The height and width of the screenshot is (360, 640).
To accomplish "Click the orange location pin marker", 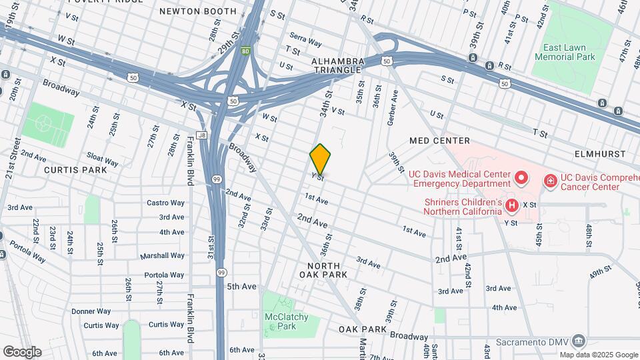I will [321, 159].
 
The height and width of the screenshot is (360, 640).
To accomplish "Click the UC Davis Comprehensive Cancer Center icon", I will [551, 179].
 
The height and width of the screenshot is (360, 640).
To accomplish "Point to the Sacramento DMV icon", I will [579, 341].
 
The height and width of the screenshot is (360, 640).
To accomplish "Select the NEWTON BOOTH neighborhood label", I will [198, 11].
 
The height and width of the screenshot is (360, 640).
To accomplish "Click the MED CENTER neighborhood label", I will [440, 141].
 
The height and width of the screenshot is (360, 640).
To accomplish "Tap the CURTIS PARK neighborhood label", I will [75, 170].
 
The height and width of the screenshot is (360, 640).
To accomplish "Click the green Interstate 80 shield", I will [246, 50].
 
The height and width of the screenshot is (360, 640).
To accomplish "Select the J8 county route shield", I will [202, 135].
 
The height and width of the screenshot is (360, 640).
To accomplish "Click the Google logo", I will [22, 351].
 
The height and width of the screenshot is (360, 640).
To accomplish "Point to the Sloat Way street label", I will [101, 161].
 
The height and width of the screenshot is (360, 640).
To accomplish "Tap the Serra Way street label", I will [306, 41].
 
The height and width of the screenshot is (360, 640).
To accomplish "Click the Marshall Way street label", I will [162, 256].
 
